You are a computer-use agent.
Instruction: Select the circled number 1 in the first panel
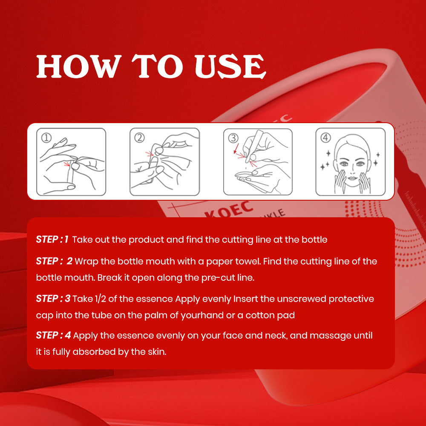click(46, 138)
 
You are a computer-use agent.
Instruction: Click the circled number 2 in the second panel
click(140, 138)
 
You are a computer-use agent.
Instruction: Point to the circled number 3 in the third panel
click(233, 138)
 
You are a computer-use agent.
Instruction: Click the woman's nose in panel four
click(352, 171)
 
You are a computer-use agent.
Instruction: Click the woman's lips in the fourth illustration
click(352, 178)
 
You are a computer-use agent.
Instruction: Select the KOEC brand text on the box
click(228, 210)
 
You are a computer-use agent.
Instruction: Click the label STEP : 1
click(52, 239)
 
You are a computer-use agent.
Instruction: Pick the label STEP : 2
click(55, 261)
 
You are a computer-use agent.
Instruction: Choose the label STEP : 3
click(53, 299)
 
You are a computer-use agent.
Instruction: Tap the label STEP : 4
click(54, 335)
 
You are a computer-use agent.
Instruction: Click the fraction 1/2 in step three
click(100, 299)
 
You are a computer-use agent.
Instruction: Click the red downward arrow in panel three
click(236, 148)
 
